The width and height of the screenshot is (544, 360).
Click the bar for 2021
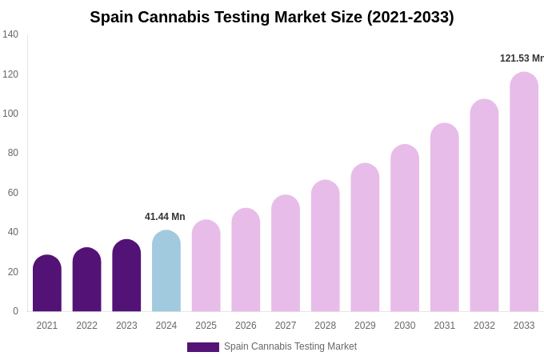tap(47, 284)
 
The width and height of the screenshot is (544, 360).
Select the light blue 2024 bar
tap(166, 272)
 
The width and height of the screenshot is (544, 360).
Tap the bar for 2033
tap(524, 192)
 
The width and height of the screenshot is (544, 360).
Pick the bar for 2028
tap(326, 246)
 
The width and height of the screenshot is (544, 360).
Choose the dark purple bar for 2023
tap(126, 276)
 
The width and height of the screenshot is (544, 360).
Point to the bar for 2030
tap(405, 229)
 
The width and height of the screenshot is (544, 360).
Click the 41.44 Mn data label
tap(165, 217)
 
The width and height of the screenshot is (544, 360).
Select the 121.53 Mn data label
tap(521, 58)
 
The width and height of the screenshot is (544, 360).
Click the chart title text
tap(272, 17)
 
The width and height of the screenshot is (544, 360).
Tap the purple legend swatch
tap(203, 347)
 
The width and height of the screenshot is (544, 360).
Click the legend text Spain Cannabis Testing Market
tap(290, 346)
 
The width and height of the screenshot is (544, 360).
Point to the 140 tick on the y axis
tap(10, 34)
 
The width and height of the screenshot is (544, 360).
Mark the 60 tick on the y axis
tap(13, 193)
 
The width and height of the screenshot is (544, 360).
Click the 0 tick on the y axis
tap(15, 311)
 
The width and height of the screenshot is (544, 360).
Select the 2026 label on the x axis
tap(246, 326)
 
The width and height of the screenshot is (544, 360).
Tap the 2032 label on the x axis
tap(484, 326)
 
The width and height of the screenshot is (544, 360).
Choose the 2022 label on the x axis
tap(87, 326)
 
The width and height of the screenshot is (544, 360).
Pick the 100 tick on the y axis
tap(10, 114)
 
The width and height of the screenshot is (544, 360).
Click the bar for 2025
tap(206, 266)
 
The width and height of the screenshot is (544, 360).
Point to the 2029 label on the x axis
tap(365, 326)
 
